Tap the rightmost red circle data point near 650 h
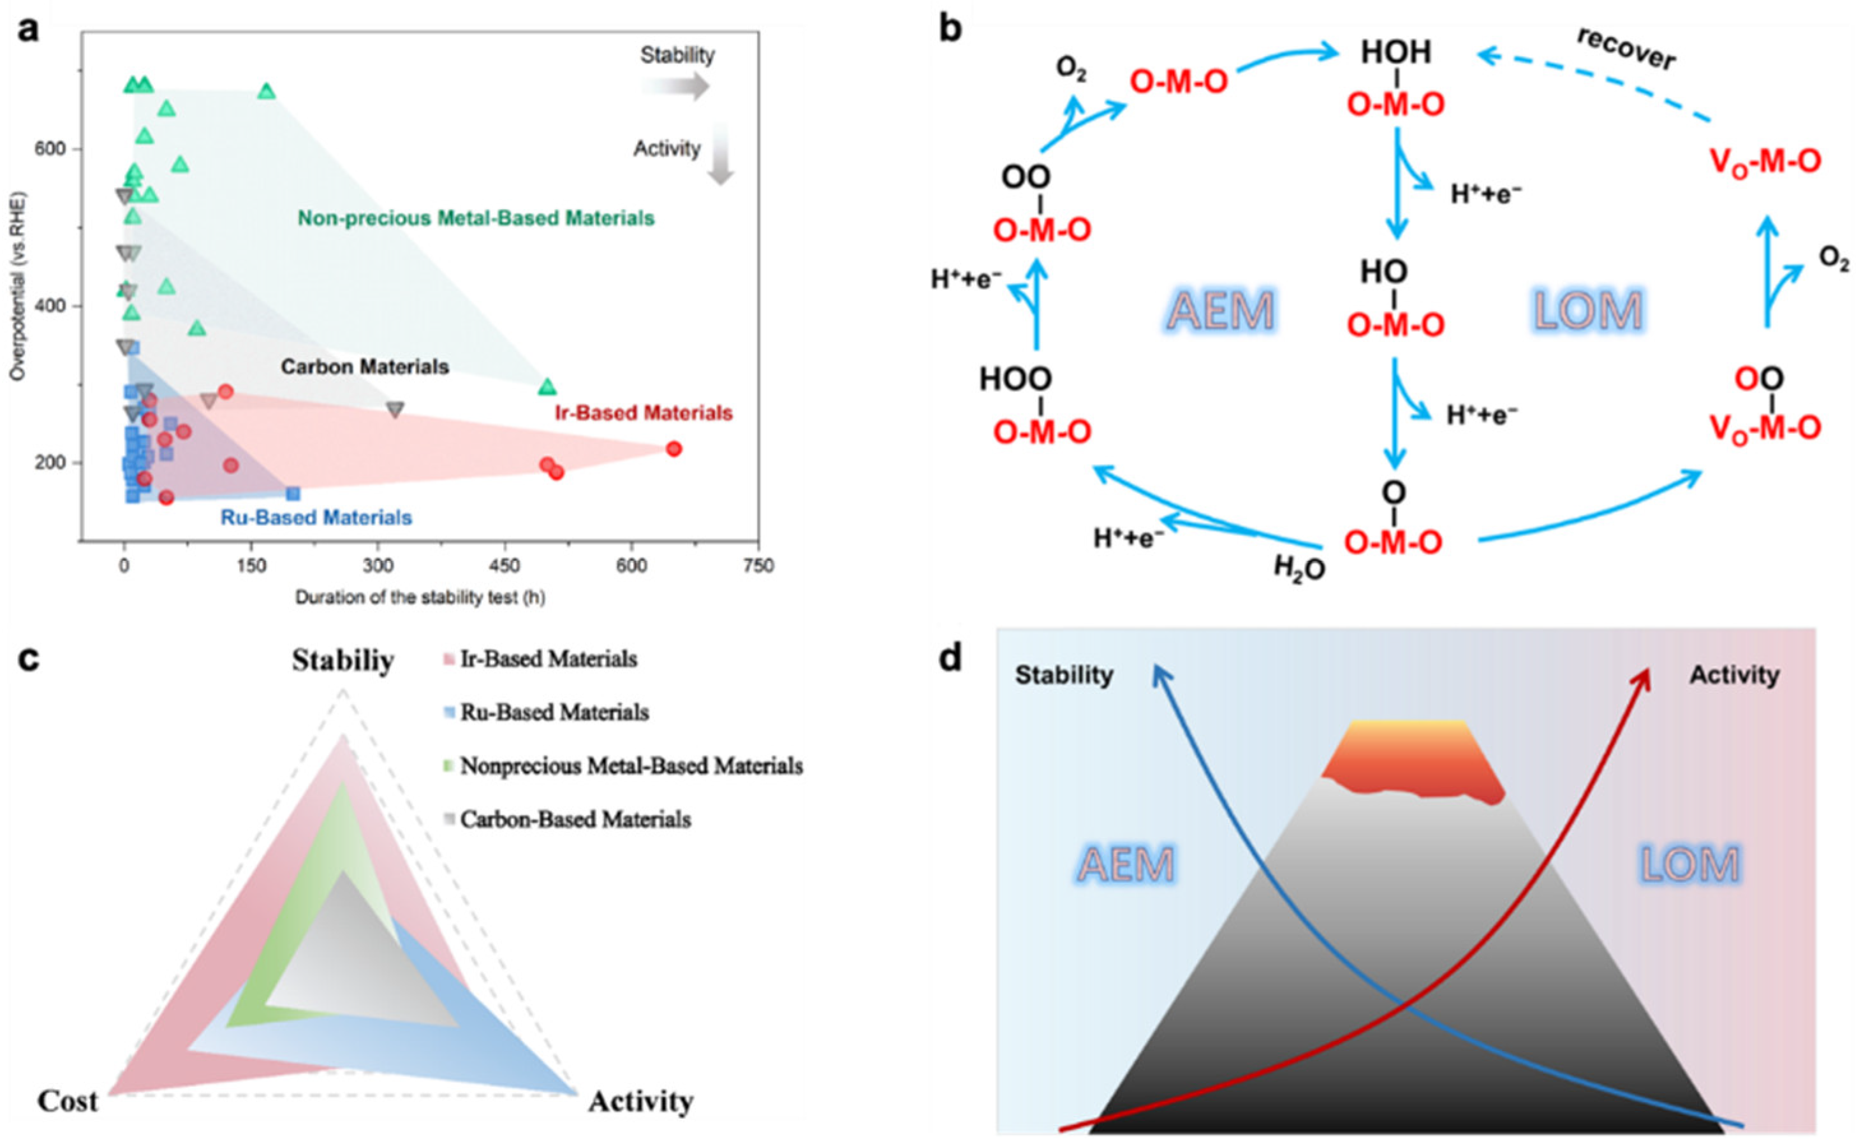click(x=674, y=449)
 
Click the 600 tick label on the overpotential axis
click(x=50, y=149)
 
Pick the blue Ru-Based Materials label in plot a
click(x=316, y=518)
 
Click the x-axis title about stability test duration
click(x=420, y=597)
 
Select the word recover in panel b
click(x=1626, y=50)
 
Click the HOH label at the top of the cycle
click(x=1396, y=52)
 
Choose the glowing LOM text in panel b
click(x=1588, y=311)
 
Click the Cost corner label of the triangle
click(x=68, y=1101)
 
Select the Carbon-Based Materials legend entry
click(x=575, y=819)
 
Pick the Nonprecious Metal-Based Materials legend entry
click(x=631, y=766)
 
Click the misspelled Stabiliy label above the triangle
click(x=342, y=661)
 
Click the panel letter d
click(x=950, y=658)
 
